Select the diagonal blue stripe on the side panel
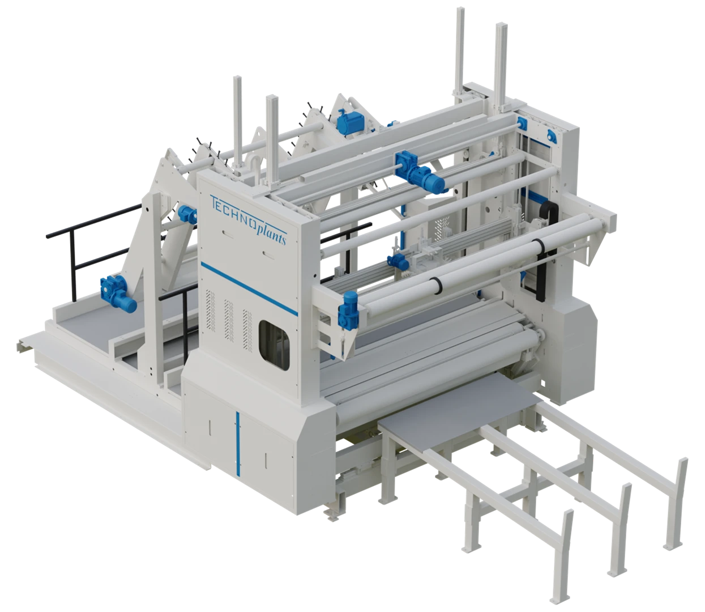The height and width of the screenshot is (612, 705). coord(249,288)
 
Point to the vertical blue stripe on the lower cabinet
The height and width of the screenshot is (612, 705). coord(238,443)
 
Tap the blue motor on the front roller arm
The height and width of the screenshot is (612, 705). coord(349,308)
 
